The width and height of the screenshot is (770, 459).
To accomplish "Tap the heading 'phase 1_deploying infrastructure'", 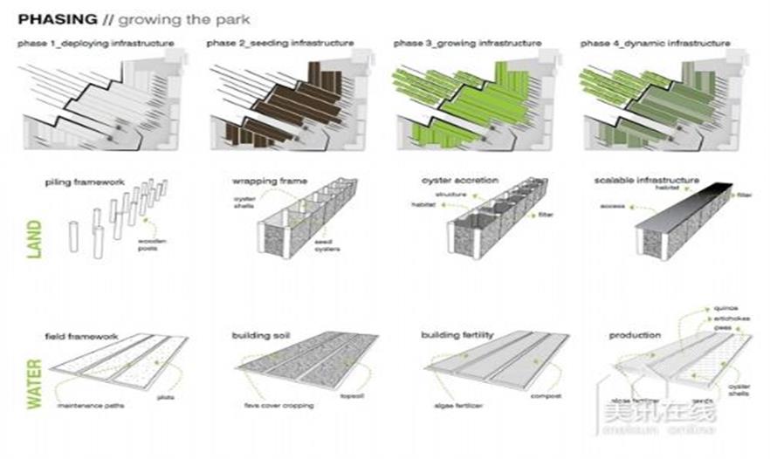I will tap(95, 43).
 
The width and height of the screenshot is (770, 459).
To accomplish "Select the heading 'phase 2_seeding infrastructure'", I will tap(280, 43).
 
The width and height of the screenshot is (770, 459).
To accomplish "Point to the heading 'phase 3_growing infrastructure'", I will tap(468, 43).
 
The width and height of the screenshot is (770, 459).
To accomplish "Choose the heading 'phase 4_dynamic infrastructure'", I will tap(656, 43).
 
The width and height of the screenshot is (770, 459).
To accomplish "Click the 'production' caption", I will tap(635, 335).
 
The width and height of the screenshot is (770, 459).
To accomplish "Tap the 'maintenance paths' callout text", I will tap(87, 408).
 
